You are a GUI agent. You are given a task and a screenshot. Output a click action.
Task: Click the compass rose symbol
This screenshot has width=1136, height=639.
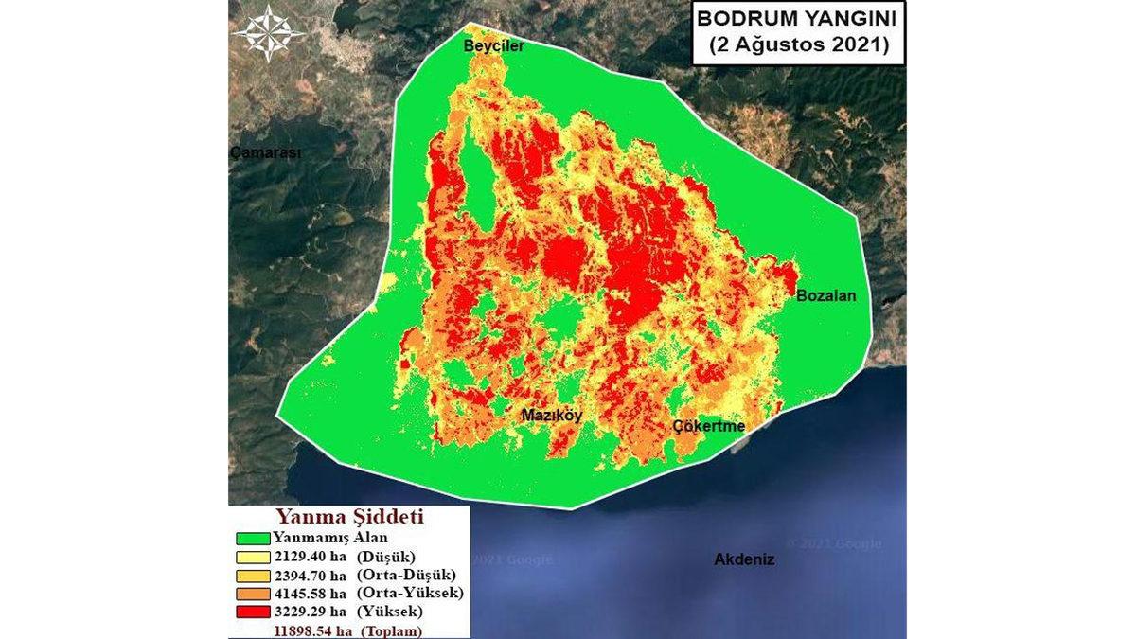click(x=269, y=33)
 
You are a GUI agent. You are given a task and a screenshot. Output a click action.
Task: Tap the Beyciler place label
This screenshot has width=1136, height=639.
click(x=492, y=45)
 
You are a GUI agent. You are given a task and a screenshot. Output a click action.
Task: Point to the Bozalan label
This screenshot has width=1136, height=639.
click(x=825, y=295)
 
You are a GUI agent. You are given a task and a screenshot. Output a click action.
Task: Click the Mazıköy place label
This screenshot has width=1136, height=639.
click(x=552, y=415)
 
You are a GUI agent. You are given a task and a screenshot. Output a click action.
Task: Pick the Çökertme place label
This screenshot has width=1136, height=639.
click(x=709, y=427)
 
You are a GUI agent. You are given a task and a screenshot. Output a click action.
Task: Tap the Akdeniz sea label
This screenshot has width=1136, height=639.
click(x=744, y=559)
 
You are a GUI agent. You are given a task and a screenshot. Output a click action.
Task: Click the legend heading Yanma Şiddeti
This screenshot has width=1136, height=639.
click(x=348, y=519)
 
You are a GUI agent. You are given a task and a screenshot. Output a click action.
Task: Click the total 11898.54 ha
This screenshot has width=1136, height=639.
click(x=310, y=629)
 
